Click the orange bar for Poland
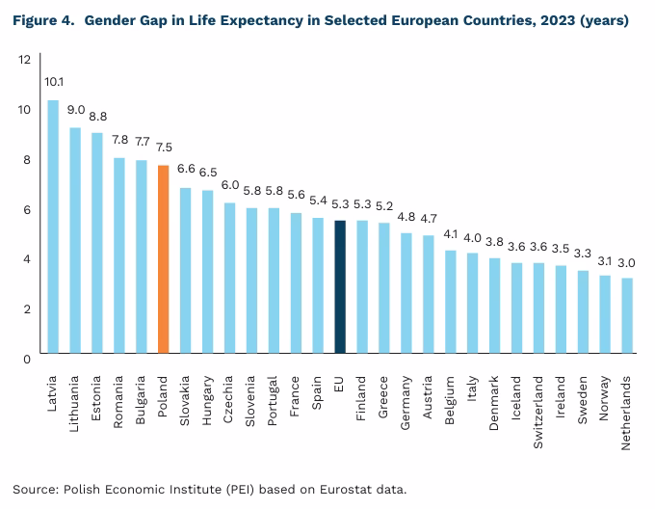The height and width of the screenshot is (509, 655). tap(164, 261)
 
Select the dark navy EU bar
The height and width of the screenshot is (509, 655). tap(340, 289)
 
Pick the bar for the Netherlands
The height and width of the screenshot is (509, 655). tap(626, 317)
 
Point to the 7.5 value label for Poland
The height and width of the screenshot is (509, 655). tap(164, 147)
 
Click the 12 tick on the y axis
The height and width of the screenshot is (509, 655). tap(24, 60)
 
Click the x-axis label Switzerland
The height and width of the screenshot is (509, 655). tap(539, 406)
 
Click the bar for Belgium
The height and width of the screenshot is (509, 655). tap(450, 304)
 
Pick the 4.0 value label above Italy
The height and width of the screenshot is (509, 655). tap(472, 237)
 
